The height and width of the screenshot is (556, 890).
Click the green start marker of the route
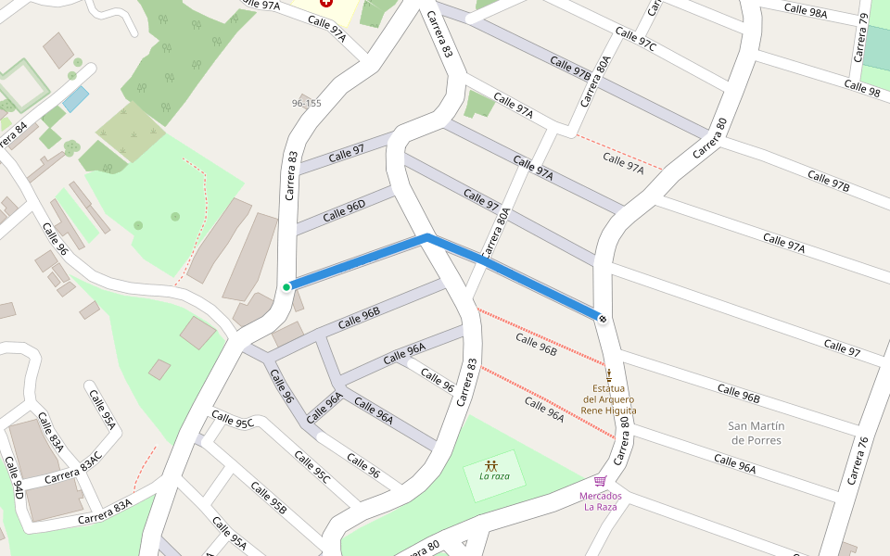click(x=286, y=287)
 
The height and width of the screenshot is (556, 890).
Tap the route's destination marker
click(x=603, y=319)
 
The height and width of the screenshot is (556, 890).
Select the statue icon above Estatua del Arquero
click(x=609, y=375)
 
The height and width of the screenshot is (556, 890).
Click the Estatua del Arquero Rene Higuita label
click(x=608, y=398)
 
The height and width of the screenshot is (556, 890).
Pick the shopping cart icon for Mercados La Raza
click(x=600, y=481)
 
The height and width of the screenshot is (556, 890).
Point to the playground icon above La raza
click(x=490, y=465)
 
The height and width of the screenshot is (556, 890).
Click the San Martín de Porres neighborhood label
click(x=756, y=433)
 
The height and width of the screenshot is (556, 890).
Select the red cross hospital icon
click(x=325, y=5)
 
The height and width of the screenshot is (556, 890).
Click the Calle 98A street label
click(x=805, y=10)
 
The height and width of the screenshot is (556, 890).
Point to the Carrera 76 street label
click(x=858, y=461)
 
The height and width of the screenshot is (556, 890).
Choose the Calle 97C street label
click(x=635, y=40)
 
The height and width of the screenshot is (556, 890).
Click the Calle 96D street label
click(x=344, y=210)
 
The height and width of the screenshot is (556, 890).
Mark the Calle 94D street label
click(x=12, y=478)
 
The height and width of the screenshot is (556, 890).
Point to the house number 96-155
click(x=306, y=103)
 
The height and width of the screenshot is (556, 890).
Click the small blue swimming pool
click(x=76, y=98)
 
